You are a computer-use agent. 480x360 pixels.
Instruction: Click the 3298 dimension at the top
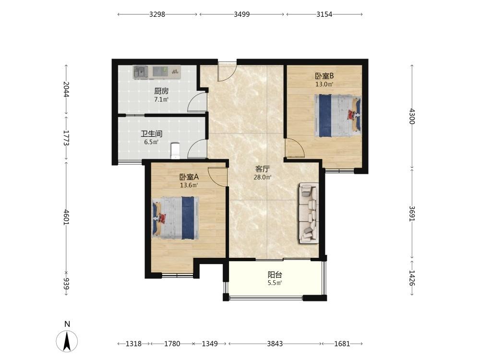pos(157,14)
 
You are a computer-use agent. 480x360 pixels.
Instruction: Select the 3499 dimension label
pos(242,14)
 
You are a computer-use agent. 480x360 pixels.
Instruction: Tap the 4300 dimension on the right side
pos(412,116)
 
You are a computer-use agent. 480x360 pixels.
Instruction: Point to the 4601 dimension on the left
pos(66,217)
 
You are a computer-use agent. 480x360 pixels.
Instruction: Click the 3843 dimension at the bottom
pos(275,344)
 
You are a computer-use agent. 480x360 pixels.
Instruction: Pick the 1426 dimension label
pos(412,278)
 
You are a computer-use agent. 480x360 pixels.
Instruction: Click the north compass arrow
pos(67,341)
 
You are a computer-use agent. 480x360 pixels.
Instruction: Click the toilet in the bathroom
pos(175,151)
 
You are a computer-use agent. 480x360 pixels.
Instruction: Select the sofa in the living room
pos(309,213)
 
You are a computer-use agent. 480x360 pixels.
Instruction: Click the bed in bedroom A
pos(175,217)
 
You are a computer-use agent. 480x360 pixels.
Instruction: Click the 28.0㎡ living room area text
pos(263,177)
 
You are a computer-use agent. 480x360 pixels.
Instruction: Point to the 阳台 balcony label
pos(275,275)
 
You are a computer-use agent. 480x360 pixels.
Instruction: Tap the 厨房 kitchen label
pos(161,91)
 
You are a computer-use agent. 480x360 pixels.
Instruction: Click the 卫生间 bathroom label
pos(152,134)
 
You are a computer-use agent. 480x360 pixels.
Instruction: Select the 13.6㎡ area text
pos(189,185)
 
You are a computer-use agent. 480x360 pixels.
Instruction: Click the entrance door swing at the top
pos(227,73)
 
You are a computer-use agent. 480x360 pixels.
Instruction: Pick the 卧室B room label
pos(324,76)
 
